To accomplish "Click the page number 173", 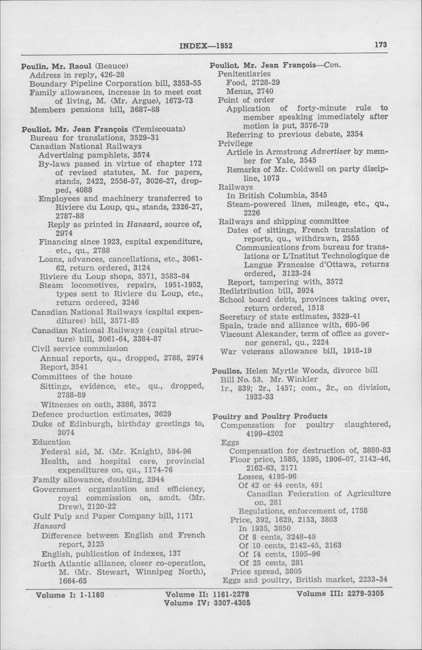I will point(381,44).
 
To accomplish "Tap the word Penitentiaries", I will point(244,74).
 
